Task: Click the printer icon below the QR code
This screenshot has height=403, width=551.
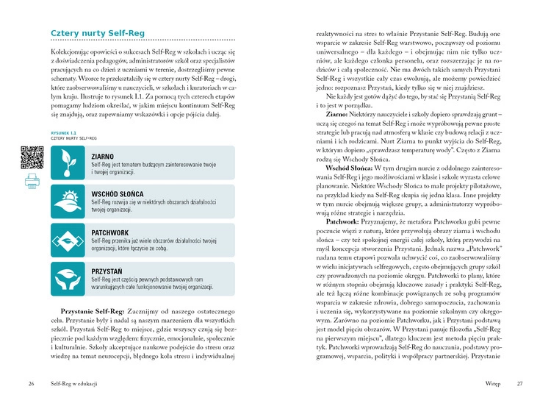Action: tap(32, 181)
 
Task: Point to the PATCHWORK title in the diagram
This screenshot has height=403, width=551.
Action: tap(111, 233)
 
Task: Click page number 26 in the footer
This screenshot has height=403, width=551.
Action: tap(32, 383)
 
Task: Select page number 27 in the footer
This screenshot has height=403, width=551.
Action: tap(519, 383)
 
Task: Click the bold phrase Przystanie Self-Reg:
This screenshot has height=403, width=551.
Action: tap(92, 311)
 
